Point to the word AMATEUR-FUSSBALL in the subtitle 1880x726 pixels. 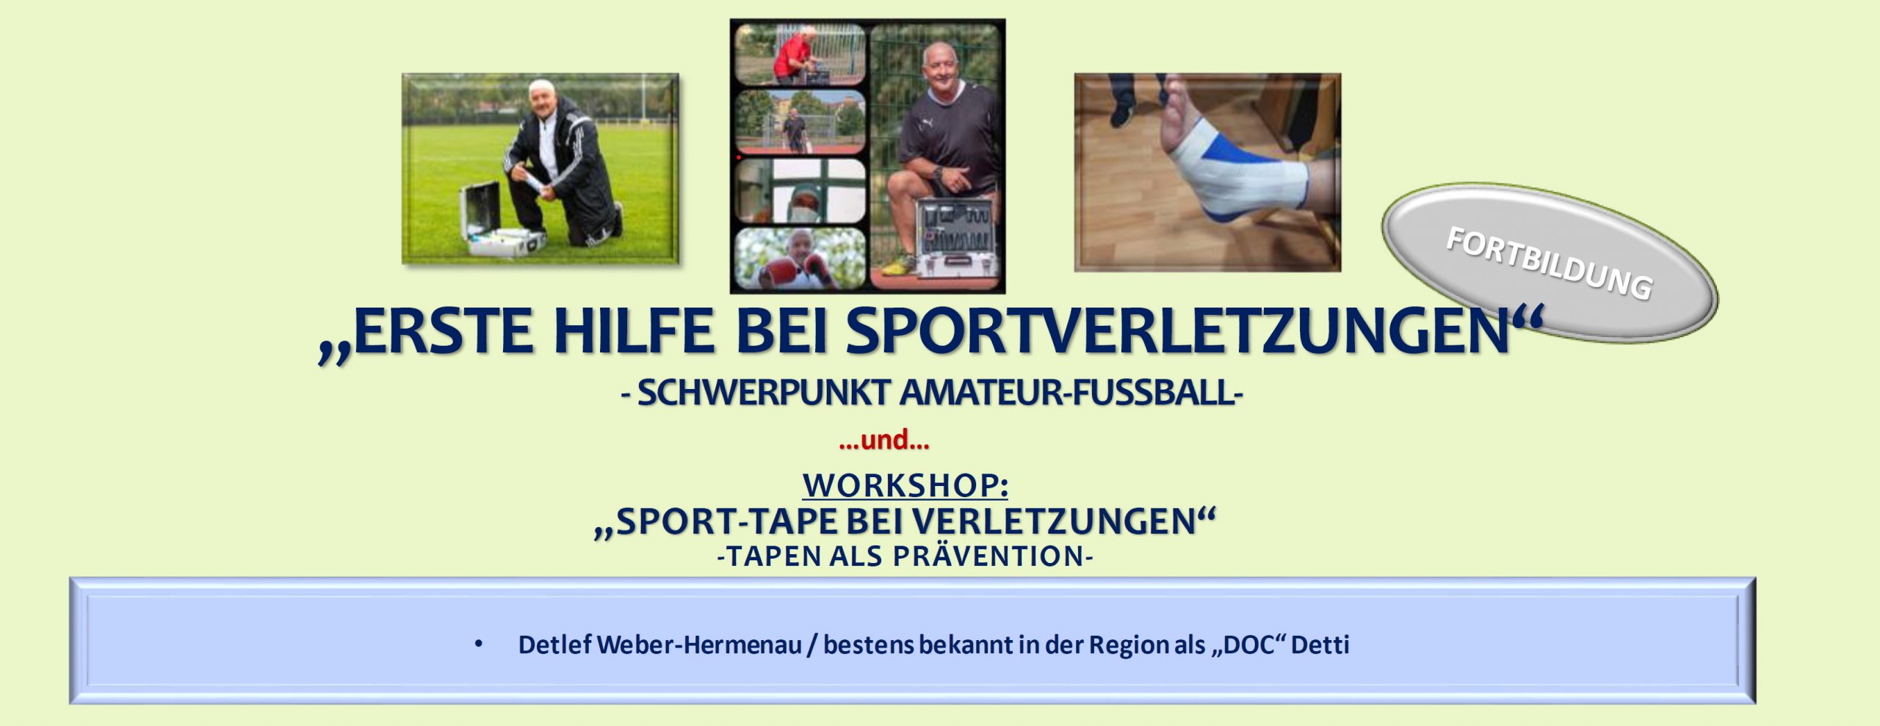coord(1071,393)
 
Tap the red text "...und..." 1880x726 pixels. coord(884,440)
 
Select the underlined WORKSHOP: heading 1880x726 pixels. coord(905,484)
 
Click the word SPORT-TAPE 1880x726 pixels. coord(717,522)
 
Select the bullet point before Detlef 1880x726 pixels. coord(479,645)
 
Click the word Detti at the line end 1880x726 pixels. coord(1320,645)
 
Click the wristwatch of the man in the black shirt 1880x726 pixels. coord(938,173)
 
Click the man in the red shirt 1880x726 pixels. coord(796,53)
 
